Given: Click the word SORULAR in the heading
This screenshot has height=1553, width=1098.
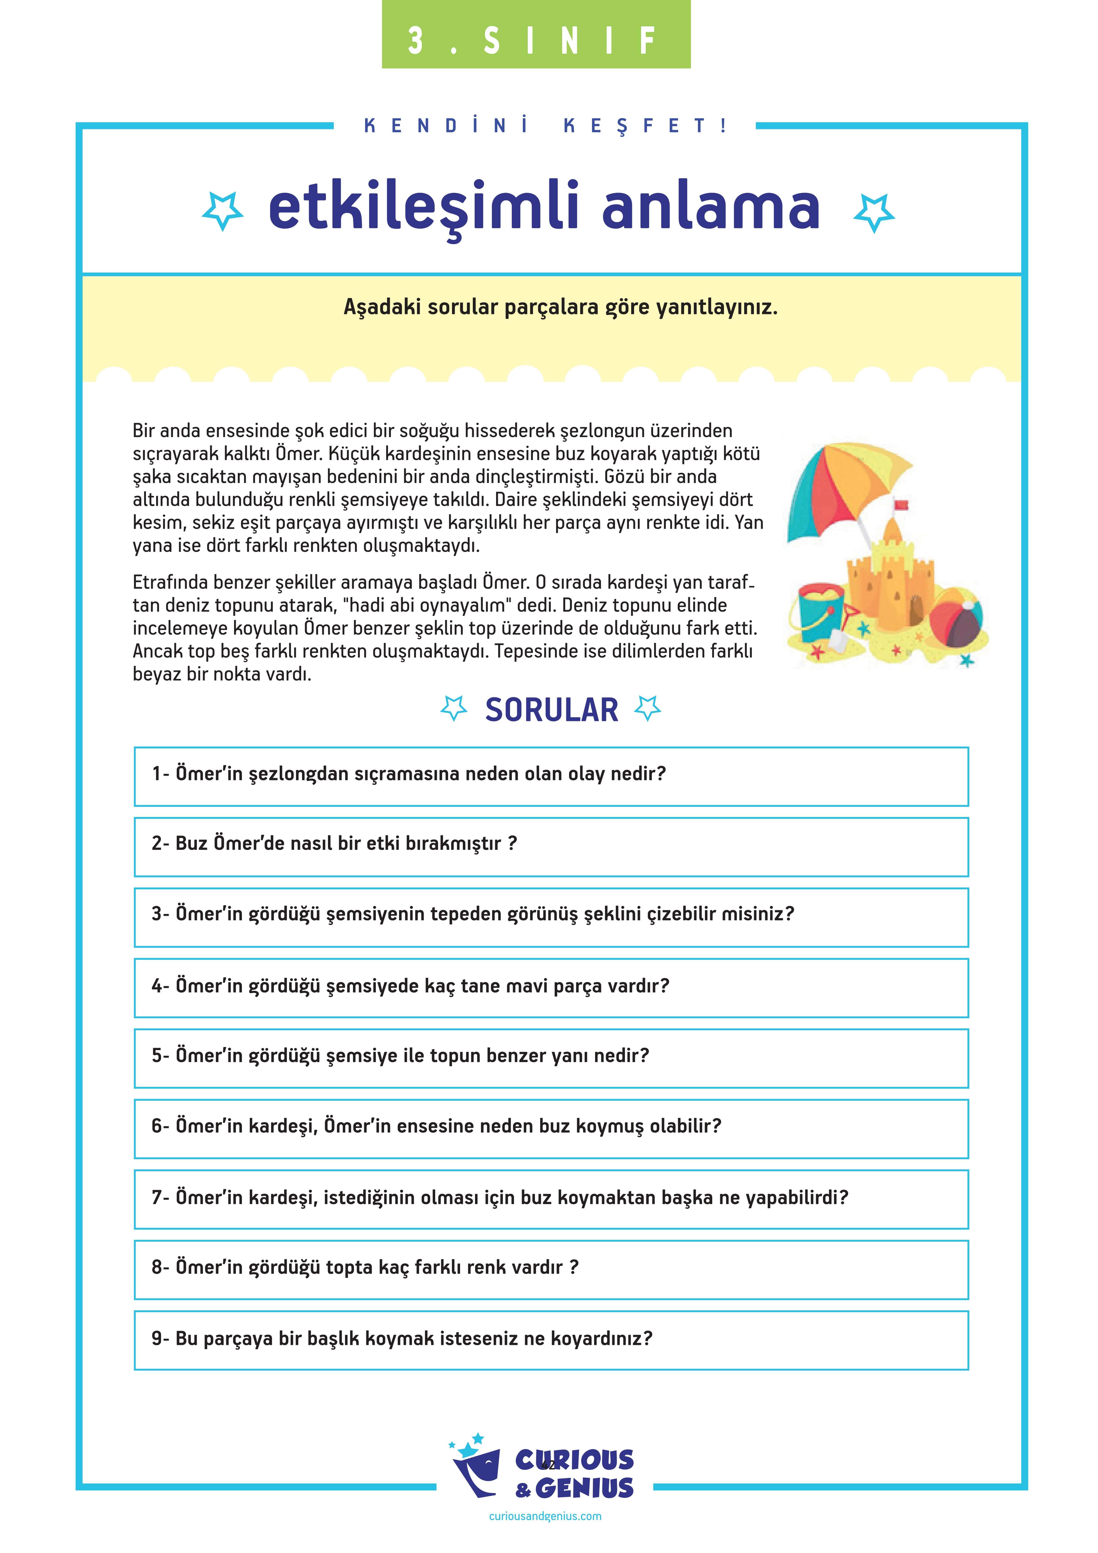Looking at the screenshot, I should (551, 710).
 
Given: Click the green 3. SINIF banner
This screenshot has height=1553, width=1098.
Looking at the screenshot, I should (536, 35).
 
